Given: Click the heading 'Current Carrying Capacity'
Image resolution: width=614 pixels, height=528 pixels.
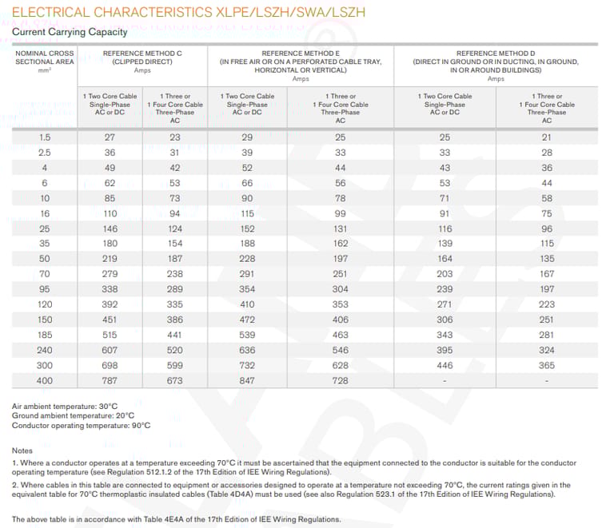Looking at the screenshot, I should [x=70, y=32].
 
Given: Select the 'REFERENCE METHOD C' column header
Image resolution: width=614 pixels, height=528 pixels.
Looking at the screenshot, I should [x=142, y=53].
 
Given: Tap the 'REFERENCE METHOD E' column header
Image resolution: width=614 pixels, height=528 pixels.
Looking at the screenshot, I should [x=301, y=53].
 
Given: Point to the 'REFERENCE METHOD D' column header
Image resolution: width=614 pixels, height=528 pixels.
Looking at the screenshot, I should [x=496, y=53].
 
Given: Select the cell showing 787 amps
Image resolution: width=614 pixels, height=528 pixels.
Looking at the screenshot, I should [x=110, y=381].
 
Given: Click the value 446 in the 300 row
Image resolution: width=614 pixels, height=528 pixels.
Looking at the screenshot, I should [x=445, y=365].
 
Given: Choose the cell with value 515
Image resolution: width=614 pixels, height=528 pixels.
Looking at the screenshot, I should [x=110, y=335].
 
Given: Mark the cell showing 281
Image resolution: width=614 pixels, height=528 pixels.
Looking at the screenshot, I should [x=547, y=335].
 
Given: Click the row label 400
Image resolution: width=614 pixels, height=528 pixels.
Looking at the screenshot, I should [x=45, y=381].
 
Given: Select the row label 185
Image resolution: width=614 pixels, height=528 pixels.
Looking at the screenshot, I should [x=45, y=335].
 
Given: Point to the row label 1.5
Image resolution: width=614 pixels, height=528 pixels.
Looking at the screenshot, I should [x=45, y=137].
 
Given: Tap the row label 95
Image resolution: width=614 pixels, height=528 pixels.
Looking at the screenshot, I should [x=45, y=289].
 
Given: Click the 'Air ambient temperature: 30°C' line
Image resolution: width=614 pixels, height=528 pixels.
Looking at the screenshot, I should [x=65, y=407].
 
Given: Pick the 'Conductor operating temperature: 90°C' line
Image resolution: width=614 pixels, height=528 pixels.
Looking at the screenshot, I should [x=81, y=426].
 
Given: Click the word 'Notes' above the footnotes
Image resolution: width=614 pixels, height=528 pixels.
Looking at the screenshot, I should [x=22, y=451].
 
